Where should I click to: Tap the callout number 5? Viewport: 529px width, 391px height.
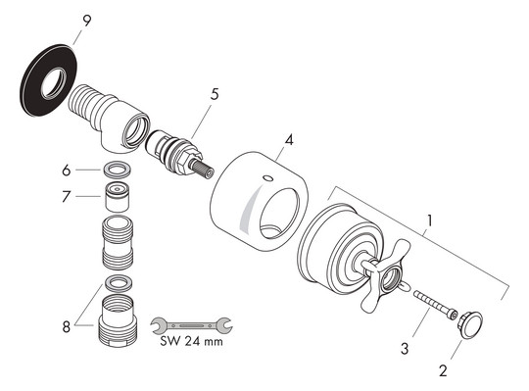click(x=215, y=95)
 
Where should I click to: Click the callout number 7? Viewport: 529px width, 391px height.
click(x=67, y=197)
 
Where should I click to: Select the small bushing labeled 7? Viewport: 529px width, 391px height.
click(x=119, y=203)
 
